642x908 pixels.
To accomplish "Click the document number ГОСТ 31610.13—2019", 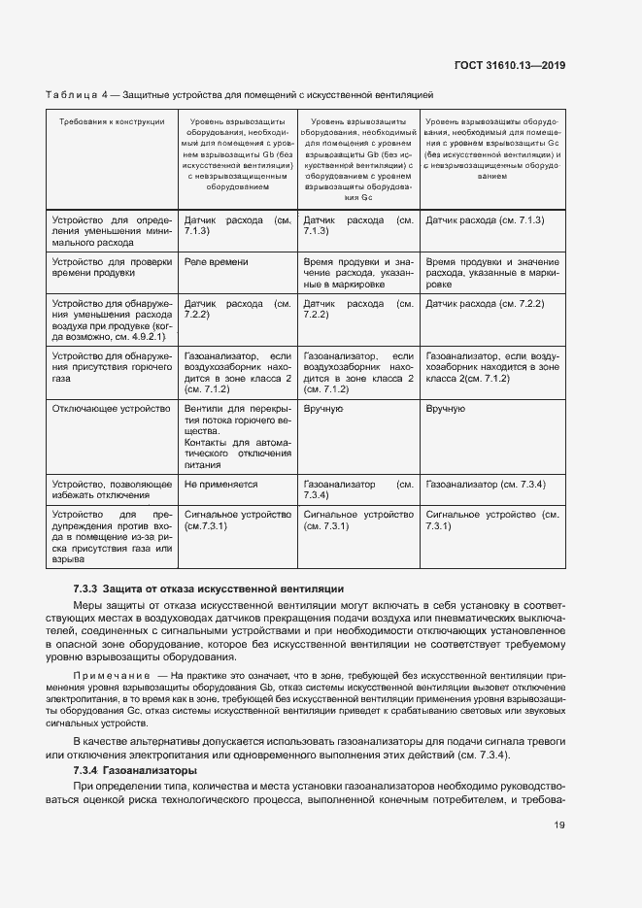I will coord(510,66).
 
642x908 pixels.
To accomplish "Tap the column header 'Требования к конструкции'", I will coord(112,121).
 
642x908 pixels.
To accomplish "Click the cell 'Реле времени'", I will coord(217,262).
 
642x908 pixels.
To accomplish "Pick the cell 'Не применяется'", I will coord(220,483).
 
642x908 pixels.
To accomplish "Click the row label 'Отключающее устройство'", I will coord(111,409).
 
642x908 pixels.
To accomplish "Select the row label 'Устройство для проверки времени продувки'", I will coord(111,268).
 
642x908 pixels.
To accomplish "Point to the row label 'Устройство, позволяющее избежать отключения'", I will coord(111,488).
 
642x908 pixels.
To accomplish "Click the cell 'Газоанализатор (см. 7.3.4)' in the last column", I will coord(486,483).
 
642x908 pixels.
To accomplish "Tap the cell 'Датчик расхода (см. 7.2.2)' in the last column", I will coord(485,303).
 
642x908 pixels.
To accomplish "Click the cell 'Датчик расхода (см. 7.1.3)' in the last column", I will coord(485,220).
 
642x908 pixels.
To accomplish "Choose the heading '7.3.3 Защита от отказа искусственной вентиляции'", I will coord(209,589).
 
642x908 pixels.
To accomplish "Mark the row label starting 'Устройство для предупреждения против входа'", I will coord(111,537).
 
